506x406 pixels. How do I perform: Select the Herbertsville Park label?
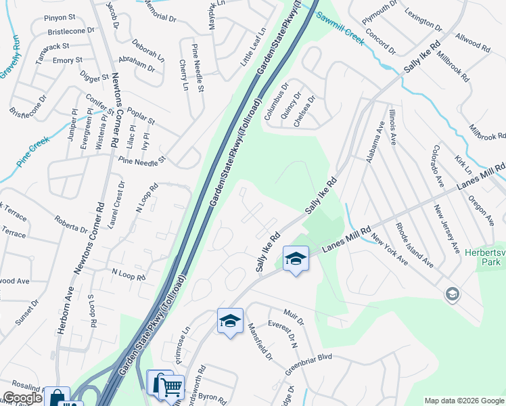(485, 258)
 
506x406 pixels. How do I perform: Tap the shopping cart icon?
(172, 387)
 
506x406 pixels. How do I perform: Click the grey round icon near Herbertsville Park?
(452, 294)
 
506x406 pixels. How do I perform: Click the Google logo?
(22, 398)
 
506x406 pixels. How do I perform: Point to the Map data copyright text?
(463, 401)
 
